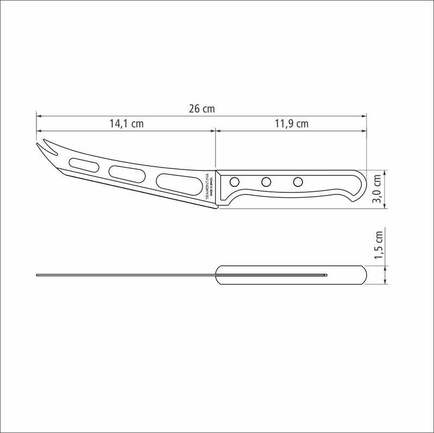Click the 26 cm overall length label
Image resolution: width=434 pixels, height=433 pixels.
(x=202, y=109)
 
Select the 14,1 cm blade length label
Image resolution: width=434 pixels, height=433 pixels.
(x=126, y=123)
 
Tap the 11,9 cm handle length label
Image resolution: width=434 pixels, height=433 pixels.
(x=291, y=123)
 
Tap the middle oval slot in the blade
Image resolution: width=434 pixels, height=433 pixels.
(x=127, y=172)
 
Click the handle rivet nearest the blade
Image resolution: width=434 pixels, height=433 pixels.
(x=234, y=181)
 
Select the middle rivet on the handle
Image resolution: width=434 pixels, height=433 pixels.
(x=266, y=181)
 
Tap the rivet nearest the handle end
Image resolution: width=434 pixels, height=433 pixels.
(x=298, y=181)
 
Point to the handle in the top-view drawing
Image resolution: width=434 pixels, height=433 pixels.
(x=293, y=275)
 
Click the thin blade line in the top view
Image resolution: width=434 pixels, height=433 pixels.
(x=125, y=275)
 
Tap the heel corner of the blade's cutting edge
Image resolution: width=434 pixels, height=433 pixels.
(x=216, y=207)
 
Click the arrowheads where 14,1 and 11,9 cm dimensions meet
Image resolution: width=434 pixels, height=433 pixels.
(x=216, y=130)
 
